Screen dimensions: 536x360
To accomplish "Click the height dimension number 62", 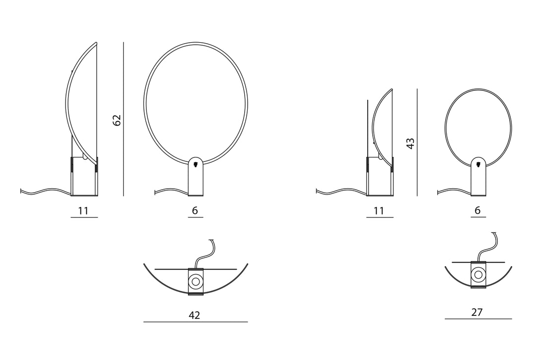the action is tap(117, 120).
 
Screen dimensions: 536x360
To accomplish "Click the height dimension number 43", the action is tap(410, 143).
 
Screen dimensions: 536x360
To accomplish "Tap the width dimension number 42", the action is tap(194, 315).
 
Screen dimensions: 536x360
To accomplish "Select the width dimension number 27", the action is tap(477, 312).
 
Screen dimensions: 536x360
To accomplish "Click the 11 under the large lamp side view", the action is tap(83, 211).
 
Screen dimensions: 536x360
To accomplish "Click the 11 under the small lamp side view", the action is tap(379, 211).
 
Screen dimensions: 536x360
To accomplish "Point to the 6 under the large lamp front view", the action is tap(195, 210).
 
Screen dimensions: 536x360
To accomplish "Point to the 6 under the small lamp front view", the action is tap(477, 210).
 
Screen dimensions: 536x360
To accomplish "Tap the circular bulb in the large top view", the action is tap(196, 282).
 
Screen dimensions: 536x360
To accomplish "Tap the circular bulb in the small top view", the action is tap(478, 275).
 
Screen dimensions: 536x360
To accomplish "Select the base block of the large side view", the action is tap(84, 176).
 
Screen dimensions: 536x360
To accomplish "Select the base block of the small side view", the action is tap(380, 176).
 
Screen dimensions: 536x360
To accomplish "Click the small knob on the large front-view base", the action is tap(196, 164).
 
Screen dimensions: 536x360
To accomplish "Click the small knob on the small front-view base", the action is tap(478, 164).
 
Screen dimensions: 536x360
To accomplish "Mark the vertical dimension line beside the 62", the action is tap(124, 119).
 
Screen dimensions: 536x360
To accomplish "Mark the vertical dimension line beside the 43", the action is tap(417, 143).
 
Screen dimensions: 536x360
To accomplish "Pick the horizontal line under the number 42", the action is tap(196, 322).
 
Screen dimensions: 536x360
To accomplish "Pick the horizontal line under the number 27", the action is tap(478, 319).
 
